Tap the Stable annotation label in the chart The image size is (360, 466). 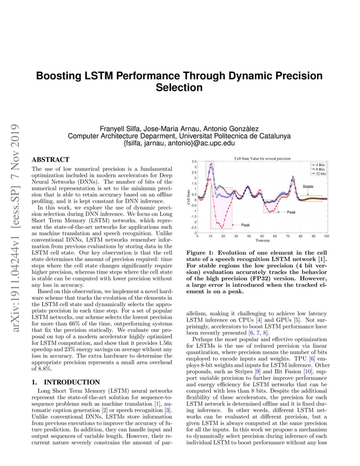pos(308,186)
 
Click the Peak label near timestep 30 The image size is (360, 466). pos(245,225)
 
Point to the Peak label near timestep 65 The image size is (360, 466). pos(291,212)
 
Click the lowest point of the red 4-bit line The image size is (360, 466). pos(223,227)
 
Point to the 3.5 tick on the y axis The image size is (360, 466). pos(194,161)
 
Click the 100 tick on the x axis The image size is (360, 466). pos(326,236)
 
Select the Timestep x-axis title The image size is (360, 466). pos(262,240)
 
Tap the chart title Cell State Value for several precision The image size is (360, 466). pos(262,159)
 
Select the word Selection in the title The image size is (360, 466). pos(179,87)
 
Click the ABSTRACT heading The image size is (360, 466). pos(50,160)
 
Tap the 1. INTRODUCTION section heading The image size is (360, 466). pos(66,382)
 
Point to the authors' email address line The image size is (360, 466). pos(179,143)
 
